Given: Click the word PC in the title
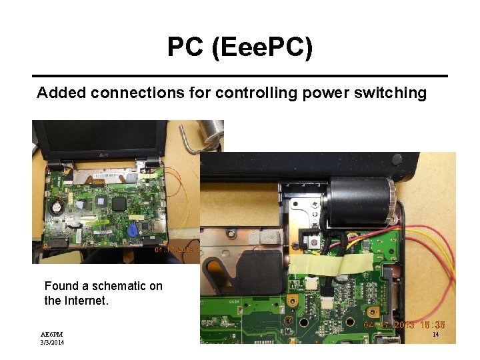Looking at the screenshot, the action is pos(181,47).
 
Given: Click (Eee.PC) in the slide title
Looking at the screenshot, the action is pos(261,48).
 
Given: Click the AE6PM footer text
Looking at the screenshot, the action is pos(51,334).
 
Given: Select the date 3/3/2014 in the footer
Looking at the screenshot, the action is pos(52,343).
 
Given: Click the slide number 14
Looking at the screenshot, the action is pos(435,335).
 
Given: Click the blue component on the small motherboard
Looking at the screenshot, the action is pos(133,229).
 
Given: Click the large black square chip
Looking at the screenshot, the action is pos(121,203).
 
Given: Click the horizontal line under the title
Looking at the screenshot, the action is pos(240,75).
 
